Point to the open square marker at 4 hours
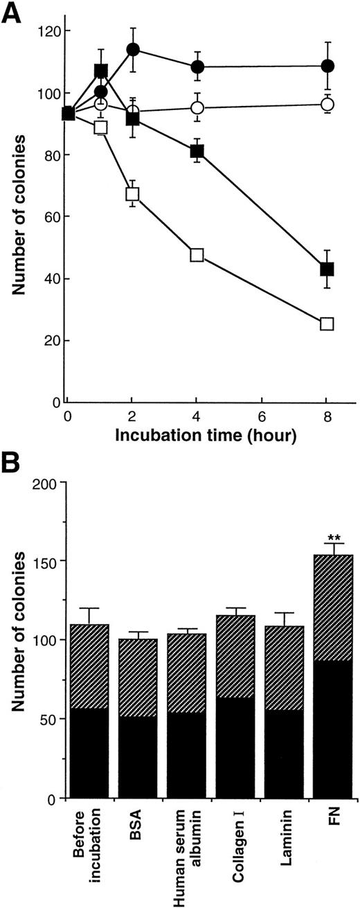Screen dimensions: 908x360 tap(197, 255)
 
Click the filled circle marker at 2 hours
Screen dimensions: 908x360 tap(133, 50)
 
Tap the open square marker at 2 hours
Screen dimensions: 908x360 tap(133, 194)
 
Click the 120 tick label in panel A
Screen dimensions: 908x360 tap(48, 31)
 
